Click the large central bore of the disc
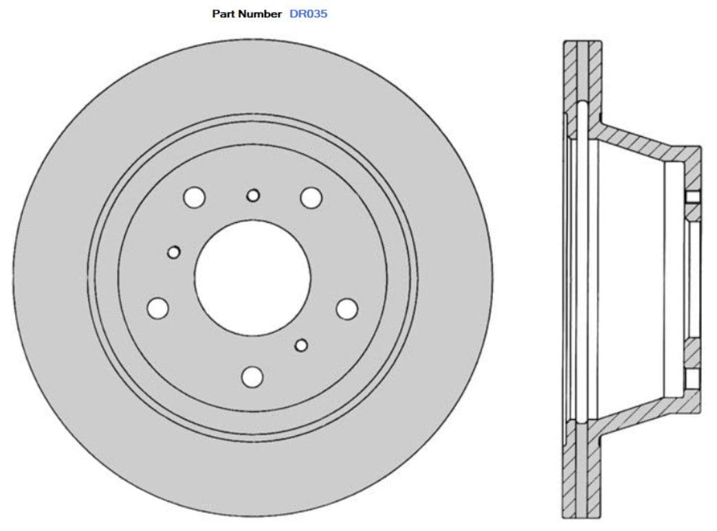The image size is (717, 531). click(252, 278)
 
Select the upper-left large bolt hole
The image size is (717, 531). click(195, 197)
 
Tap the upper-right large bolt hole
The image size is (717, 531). click(311, 197)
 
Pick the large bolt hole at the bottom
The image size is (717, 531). click(253, 376)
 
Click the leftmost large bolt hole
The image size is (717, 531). click(158, 307)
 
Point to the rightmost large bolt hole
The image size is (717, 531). click(347, 309)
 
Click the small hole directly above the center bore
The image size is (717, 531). click(253, 195)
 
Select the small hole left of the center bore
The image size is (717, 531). click(174, 252)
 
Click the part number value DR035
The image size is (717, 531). click(309, 14)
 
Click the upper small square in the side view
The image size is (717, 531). click(692, 197)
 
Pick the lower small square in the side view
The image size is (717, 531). click(692, 377)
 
